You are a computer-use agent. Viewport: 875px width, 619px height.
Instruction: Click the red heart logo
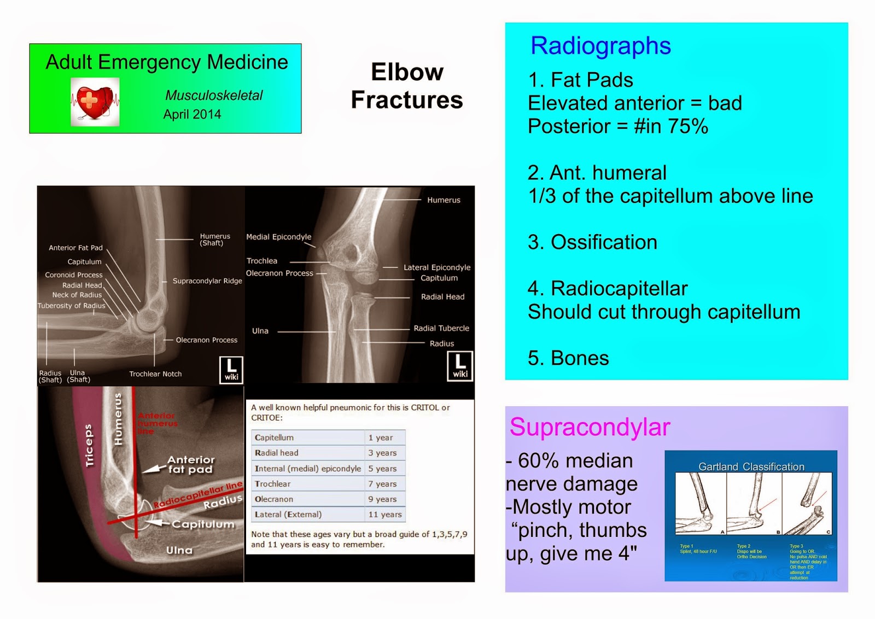coord(95,102)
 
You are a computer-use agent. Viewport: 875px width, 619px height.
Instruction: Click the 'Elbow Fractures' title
coord(407,86)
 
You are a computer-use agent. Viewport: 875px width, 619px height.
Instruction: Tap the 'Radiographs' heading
coord(600,46)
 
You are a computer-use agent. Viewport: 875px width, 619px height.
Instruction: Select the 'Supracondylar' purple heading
coord(590,427)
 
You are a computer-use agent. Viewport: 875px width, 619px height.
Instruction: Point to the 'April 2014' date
coord(192,114)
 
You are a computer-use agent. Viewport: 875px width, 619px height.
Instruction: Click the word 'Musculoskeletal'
coord(214,96)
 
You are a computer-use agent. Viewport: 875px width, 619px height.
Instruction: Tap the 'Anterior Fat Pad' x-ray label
coord(75,248)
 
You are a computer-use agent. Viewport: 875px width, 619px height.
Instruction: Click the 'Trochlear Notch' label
coord(155,374)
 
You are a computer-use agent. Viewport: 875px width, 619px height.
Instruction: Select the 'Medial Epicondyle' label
coord(278,237)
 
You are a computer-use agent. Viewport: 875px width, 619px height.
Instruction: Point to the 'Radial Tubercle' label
coord(441,328)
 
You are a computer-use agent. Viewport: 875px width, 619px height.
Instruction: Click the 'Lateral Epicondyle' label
coord(437,267)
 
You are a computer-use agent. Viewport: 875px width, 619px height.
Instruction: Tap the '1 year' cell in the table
coord(381,437)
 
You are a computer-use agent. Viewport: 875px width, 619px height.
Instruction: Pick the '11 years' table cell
coord(385,515)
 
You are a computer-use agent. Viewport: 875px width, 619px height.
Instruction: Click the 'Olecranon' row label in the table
coord(274,499)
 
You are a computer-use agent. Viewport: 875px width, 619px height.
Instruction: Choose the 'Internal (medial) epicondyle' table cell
coord(307,469)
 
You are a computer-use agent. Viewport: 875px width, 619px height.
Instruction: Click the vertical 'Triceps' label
coord(89,446)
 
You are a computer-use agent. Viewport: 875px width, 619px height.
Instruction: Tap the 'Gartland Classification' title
coord(751,467)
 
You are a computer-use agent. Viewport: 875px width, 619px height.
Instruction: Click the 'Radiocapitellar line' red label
coord(197,495)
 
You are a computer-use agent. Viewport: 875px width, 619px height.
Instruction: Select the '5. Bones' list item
coord(568,358)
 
